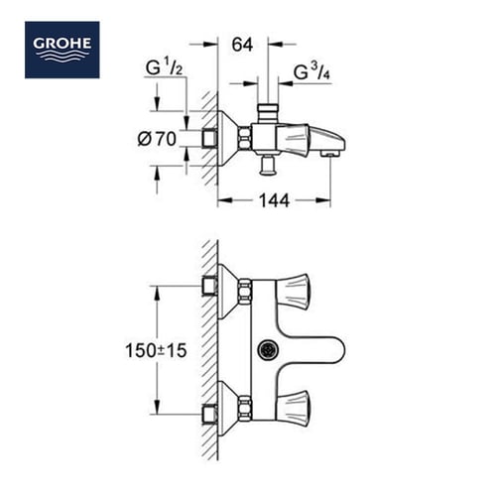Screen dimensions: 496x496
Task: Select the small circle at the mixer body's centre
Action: click(265, 350)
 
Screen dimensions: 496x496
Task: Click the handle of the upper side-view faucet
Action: click(301, 136)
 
